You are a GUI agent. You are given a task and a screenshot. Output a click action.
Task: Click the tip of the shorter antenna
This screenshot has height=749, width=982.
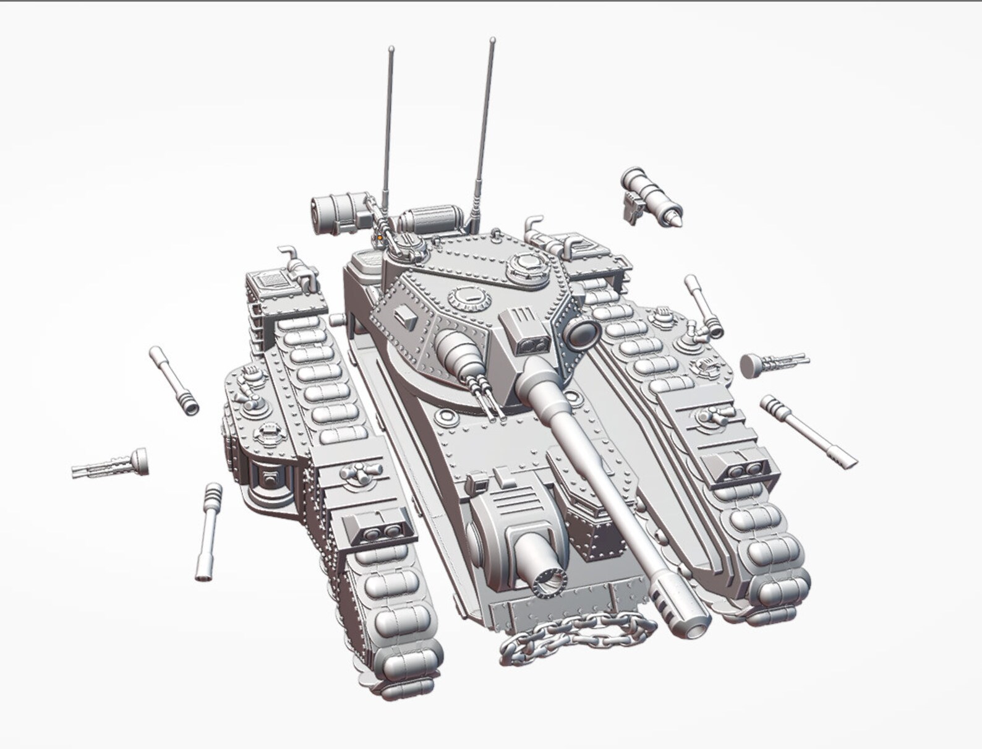390,48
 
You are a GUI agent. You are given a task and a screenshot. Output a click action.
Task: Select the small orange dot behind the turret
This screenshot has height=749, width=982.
378,236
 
